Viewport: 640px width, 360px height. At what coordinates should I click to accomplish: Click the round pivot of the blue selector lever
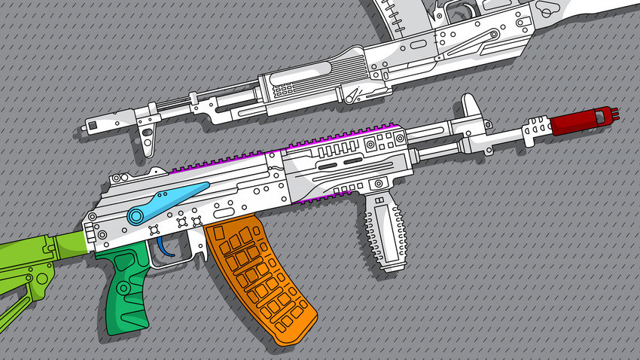[136, 217]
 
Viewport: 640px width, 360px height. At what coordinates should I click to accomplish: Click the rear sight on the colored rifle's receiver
[118, 178]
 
